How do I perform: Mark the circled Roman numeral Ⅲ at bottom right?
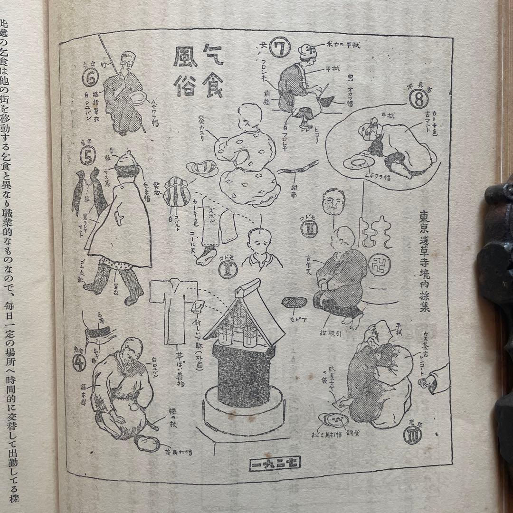(411, 434)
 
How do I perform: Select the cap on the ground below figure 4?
(146, 443)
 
